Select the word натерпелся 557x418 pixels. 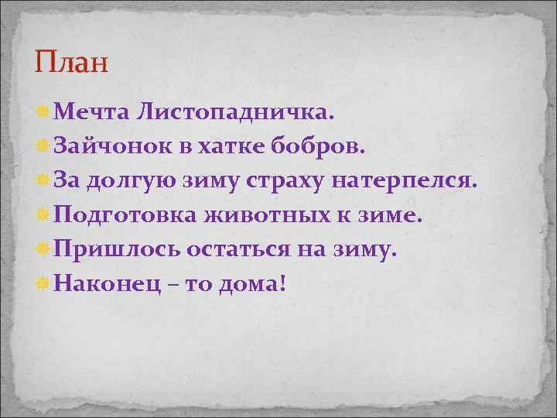click(411, 182)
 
